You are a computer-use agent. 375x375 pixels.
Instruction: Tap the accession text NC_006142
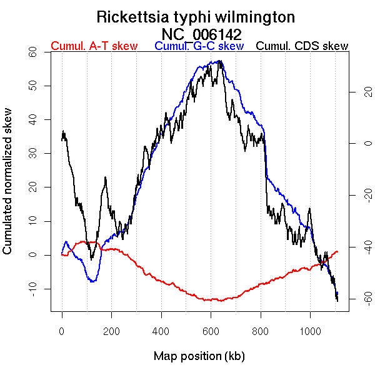coord(201,34)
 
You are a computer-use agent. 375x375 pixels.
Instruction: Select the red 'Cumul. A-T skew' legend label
coord(94,46)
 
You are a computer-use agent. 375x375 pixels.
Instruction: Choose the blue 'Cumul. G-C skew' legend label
coord(199,46)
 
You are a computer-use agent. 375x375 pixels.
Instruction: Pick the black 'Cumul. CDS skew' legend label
coord(302,46)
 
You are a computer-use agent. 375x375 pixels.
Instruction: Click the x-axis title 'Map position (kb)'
coord(199,356)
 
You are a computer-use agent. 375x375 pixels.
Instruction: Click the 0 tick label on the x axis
coord(62,332)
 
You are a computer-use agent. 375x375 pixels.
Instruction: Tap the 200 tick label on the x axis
coord(111,332)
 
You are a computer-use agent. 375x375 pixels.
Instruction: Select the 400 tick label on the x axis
coord(161,332)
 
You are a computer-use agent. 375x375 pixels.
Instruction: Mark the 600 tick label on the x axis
coord(211,332)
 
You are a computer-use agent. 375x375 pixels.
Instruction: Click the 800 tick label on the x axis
coord(261,332)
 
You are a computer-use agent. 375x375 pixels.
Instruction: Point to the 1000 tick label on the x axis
coord(311,332)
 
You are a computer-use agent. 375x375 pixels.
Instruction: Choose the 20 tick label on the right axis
coord(351,92)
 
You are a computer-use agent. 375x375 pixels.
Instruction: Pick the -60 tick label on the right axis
coord(351,301)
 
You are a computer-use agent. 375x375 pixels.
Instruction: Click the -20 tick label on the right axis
coord(351,196)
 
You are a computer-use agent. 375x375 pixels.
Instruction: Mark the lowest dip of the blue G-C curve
coord(92,281)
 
